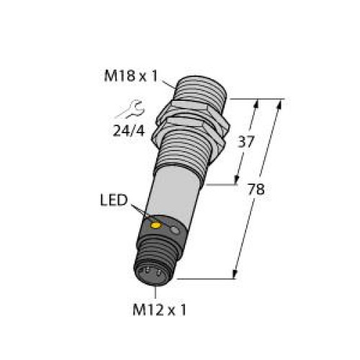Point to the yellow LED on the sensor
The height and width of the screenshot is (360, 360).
coord(154,226)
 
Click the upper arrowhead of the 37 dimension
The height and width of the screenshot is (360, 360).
coord(256,103)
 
